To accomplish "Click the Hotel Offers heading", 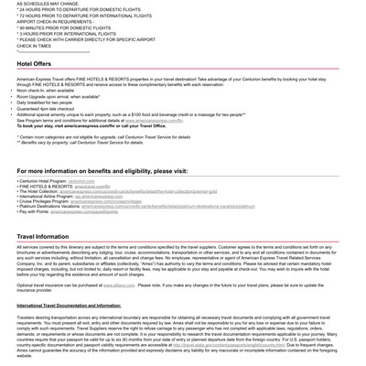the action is [x=34, y=64].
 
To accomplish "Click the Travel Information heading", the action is [x=43, y=236].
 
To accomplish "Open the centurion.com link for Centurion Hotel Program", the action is [x=81, y=181].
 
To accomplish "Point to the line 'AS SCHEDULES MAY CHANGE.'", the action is [x=48, y=4].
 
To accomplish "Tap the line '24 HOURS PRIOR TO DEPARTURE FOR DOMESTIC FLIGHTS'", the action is [x=79, y=10].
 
